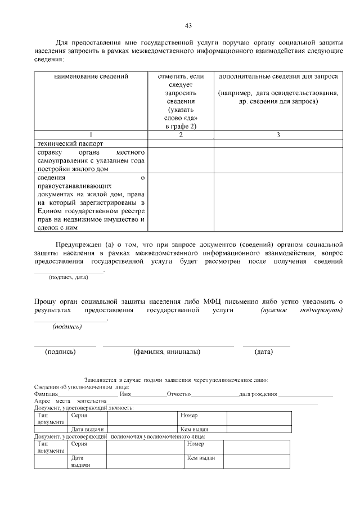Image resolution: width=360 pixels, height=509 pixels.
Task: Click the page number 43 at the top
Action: [x=188, y=25]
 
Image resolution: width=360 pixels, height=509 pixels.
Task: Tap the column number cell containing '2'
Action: [x=181, y=135]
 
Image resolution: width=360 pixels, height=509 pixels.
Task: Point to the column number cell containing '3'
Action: [x=278, y=135]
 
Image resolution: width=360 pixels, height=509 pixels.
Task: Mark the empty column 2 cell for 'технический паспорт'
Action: [x=181, y=143]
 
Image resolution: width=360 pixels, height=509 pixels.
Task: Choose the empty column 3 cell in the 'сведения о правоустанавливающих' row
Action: [x=278, y=202]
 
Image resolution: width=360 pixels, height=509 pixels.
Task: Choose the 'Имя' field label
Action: [x=125, y=394]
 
